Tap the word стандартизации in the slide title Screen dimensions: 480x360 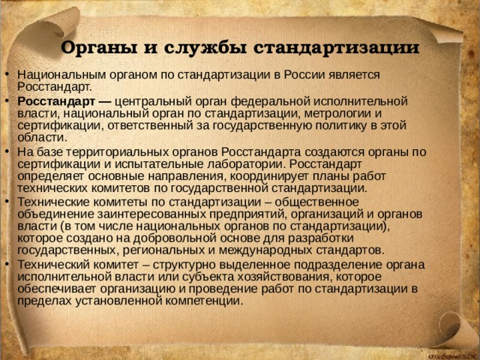(x=336, y=48)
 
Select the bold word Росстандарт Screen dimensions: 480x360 (x=56, y=101)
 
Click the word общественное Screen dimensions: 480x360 (x=316, y=202)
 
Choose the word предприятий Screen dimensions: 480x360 (x=247, y=214)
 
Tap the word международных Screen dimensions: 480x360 (x=265, y=250)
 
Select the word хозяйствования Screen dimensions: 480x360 (x=280, y=277)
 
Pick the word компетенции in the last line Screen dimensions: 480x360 (x=204, y=301)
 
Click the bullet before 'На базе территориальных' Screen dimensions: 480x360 (x=7, y=151)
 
